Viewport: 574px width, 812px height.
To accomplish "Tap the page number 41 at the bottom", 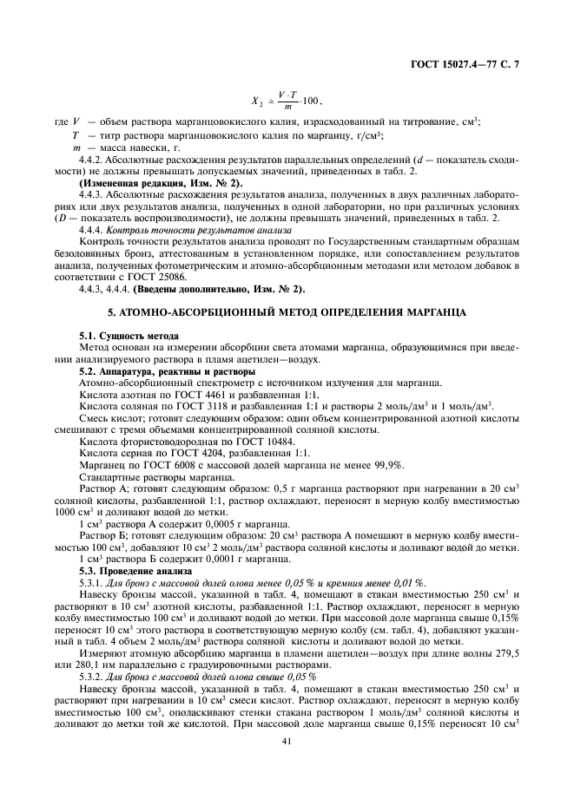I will click(286, 740).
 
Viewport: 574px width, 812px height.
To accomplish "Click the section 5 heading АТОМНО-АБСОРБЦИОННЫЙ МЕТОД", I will click(286, 310).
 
